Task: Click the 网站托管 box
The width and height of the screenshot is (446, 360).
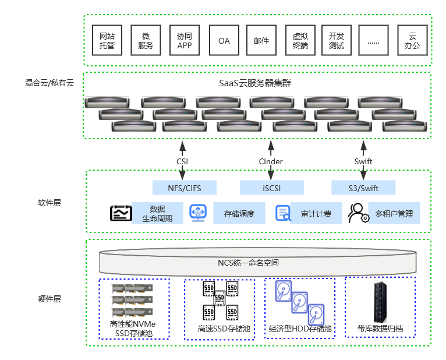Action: [108, 40]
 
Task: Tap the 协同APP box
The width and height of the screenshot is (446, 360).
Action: [185, 40]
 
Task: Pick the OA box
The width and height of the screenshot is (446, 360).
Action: [224, 40]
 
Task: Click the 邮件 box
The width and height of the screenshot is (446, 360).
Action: [261, 40]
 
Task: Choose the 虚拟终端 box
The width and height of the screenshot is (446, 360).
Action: [300, 40]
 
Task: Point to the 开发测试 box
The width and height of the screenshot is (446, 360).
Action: [337, 40]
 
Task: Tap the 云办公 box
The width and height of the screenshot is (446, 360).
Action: [413, 40]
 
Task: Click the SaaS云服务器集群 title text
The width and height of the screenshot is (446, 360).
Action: [255, 83]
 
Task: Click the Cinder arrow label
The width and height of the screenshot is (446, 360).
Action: [271, 161]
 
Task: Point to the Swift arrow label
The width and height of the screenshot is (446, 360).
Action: [363, 161]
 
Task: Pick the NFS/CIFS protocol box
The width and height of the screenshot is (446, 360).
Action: [185, 188]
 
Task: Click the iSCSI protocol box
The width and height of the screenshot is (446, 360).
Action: [271, 188]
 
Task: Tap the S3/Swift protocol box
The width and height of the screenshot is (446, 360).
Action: [363, 188]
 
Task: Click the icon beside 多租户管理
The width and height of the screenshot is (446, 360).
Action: [358, 213]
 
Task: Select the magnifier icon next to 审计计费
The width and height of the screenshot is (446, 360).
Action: [283, 214]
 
